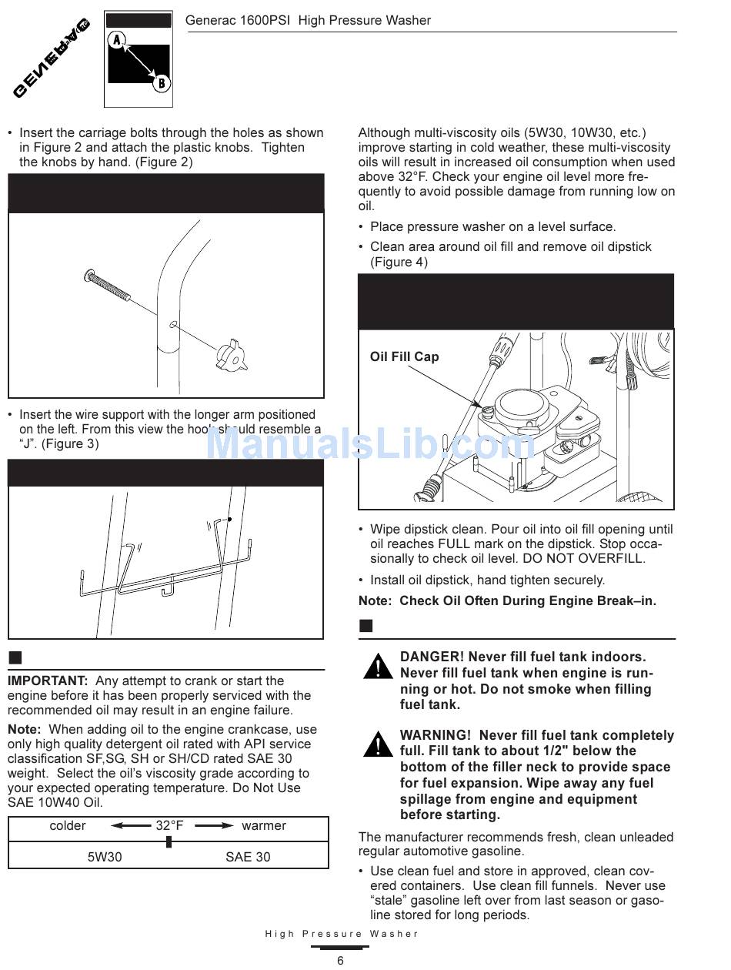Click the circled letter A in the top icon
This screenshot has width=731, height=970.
pos(117,40)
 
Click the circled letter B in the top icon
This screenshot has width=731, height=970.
pos(161,83)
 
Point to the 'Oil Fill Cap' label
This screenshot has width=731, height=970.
pos(404,356)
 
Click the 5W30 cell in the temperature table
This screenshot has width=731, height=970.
pos(105,857)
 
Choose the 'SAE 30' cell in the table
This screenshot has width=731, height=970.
pos(248,857)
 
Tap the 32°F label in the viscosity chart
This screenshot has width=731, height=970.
pos(169,826)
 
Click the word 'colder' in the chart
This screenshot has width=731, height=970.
pos(68,826)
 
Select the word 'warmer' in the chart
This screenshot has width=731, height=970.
pos(263,826)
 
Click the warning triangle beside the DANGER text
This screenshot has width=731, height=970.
pos(378,667)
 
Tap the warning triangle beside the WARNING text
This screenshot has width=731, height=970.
pos(378,745)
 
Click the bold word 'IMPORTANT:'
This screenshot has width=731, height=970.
pos(48,681)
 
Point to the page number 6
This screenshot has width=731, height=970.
pos(340,960)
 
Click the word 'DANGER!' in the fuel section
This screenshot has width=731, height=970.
pos(432,657)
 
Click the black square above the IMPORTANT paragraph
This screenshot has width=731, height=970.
pos(15,657)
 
